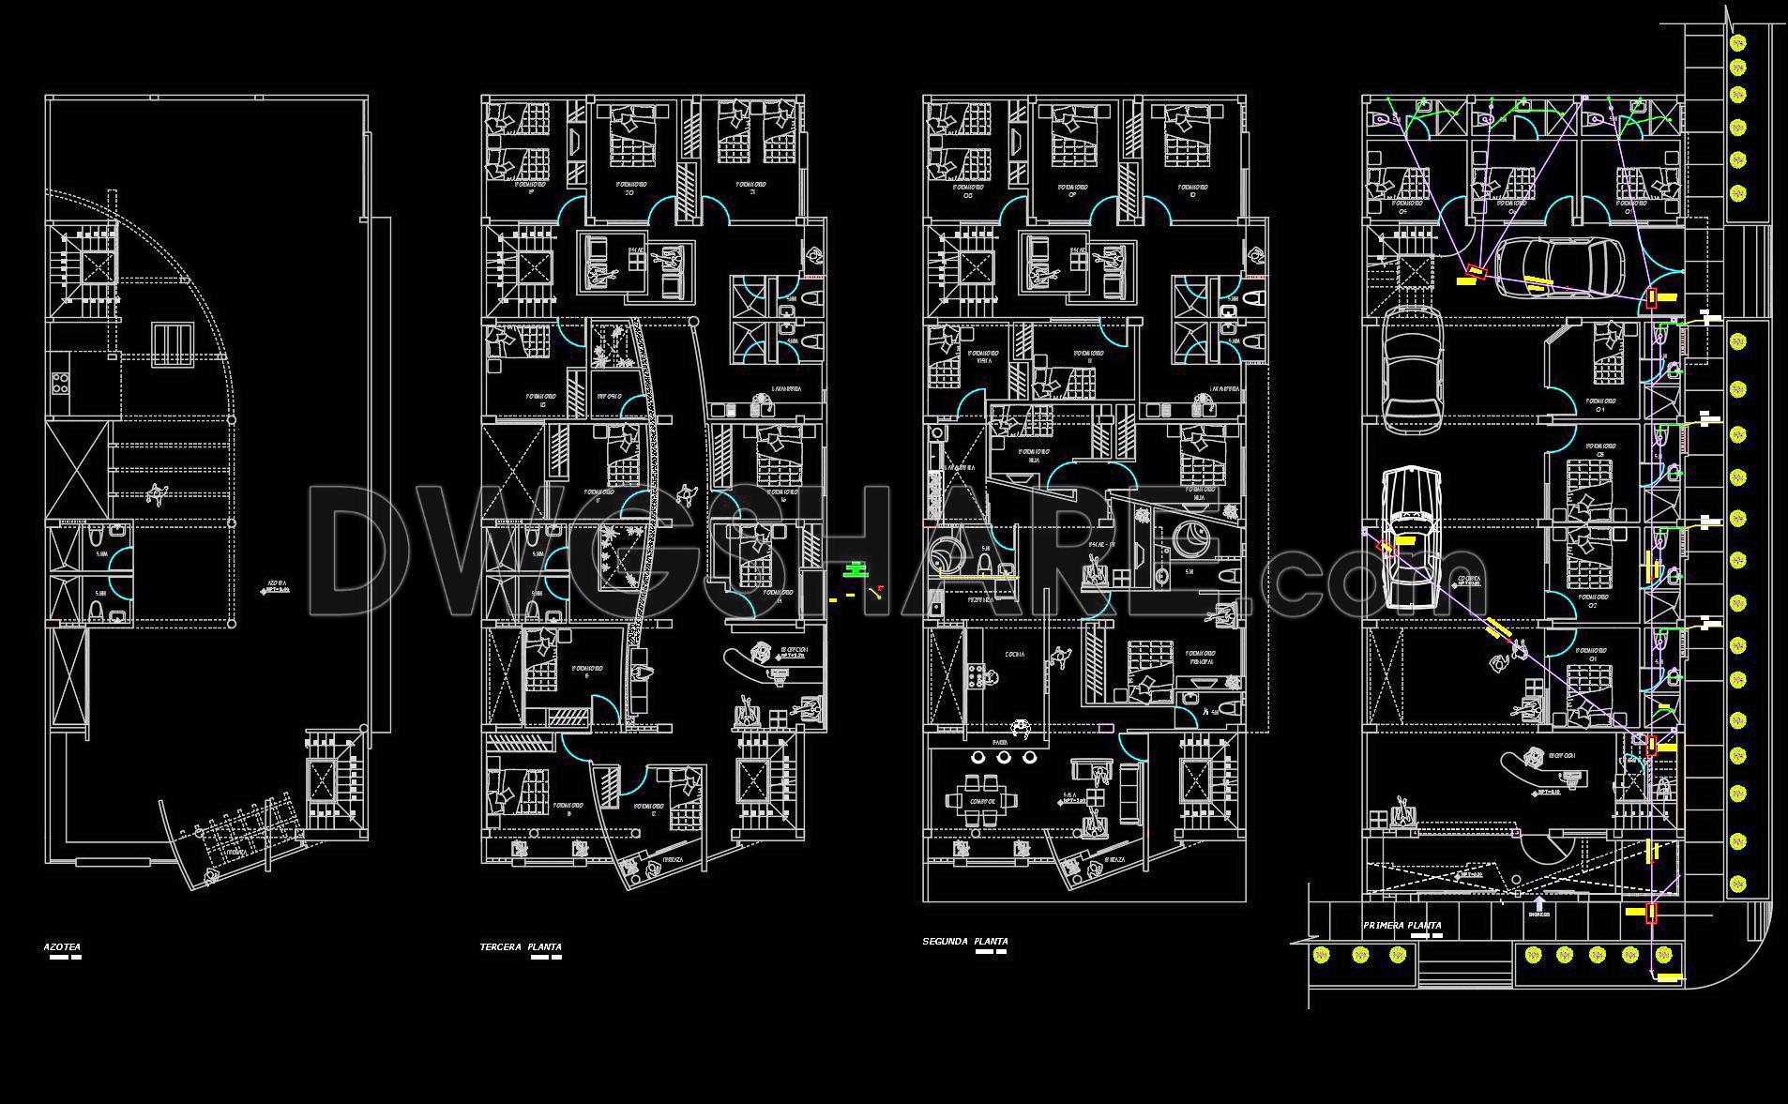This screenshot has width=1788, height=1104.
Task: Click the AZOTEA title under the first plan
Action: [62, 947]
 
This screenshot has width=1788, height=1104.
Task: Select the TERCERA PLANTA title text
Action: [521, 947]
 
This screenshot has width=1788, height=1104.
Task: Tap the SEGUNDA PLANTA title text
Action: [965, 941]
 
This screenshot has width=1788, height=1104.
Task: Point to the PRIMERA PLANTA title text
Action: [1402, 926]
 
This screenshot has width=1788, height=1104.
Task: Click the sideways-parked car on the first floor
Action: [1562, 268]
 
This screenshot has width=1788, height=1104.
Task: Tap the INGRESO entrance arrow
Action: [1538, 904]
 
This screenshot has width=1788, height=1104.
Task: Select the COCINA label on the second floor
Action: [1015, 655]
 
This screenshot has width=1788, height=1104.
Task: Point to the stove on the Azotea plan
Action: [61, 382]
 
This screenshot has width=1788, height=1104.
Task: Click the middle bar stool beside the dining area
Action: [1004, 757]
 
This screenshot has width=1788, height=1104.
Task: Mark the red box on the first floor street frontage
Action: [1652, 913]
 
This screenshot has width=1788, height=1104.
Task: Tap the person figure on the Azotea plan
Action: [157, 494]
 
